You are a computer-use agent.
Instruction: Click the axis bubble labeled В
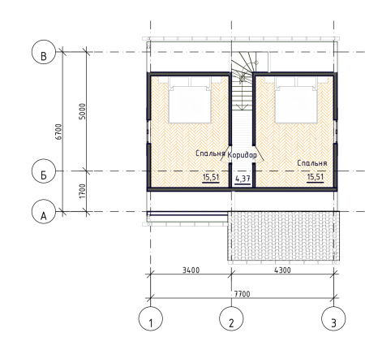point(44,52)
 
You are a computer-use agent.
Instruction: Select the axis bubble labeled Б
point(44,171)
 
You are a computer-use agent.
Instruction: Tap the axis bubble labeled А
point(44,211)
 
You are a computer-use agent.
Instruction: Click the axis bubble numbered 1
point(151,318)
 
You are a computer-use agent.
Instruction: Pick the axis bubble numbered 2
point(231,318)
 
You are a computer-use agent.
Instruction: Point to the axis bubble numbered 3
point(333,318)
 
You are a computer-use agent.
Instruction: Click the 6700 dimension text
point(58,132)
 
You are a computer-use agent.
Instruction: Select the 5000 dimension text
point(82,111)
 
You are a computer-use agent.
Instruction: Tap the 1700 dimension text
point(82,191)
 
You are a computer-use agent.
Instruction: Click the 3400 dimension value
point(191,270)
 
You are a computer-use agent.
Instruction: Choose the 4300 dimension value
point(282,270)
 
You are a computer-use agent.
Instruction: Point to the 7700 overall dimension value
point(242,294)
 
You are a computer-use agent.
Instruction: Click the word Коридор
point(243,155)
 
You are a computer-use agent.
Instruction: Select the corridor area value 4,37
point(243,179)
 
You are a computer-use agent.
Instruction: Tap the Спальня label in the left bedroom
point(210,153)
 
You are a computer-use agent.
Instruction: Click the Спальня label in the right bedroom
point(312,163)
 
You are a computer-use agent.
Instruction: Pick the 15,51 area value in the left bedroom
point(211,177)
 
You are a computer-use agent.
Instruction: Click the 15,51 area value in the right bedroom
point(316,177)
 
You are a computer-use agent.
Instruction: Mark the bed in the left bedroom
point(190,100)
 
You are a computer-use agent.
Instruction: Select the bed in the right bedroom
point(296,100)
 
